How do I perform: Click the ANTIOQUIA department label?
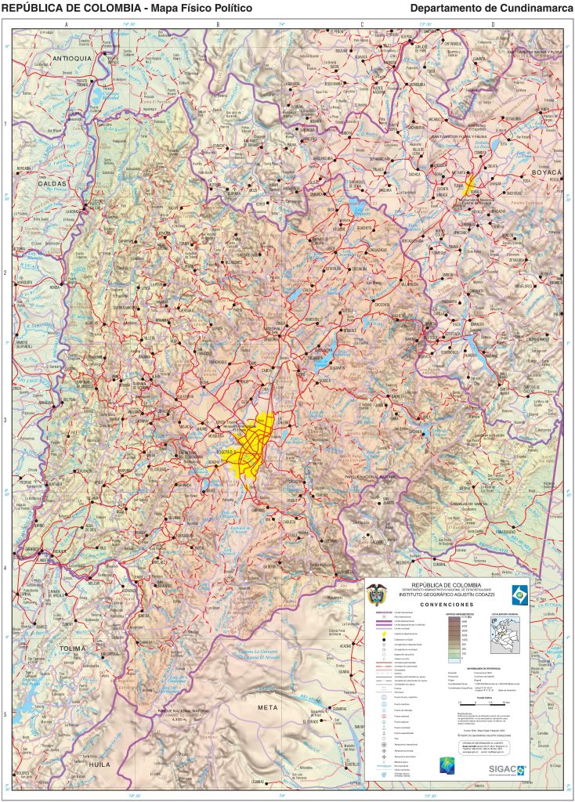(x=72, y=59)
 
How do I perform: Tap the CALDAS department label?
(x=52, y=183)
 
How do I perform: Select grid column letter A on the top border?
(x=67, y=25)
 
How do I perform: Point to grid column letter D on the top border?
(x=493, y=25)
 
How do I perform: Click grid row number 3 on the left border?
(x=5, y=420)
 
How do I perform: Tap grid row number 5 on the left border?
(x=5, y=713)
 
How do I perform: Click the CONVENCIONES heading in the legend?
(x=447, y=605)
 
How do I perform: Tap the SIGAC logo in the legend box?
(x=506, y=768)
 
